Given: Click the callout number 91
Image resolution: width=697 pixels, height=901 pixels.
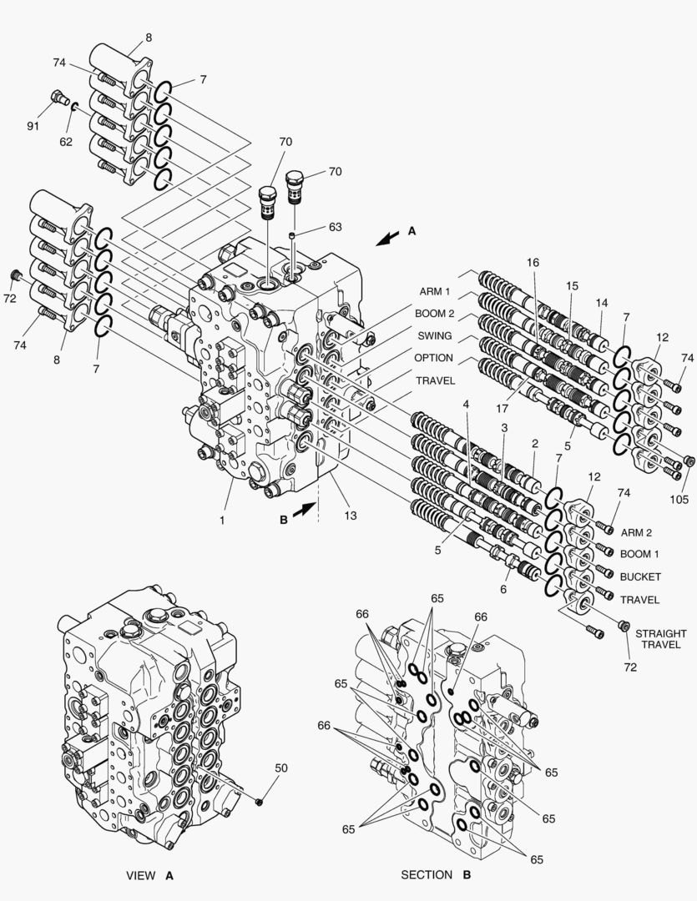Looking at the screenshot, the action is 33,125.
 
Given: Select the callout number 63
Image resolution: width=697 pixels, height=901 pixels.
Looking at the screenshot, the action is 335,227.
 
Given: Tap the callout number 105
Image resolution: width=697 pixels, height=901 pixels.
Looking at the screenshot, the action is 679,500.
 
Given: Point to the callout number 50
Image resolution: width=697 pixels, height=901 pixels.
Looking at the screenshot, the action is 281,768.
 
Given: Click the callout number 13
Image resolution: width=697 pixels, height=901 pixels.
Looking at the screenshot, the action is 351,516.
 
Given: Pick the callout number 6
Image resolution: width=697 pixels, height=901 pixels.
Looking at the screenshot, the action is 503,589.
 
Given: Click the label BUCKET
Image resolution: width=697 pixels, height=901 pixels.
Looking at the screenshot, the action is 640,576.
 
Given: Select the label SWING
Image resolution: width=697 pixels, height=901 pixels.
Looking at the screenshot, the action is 435,335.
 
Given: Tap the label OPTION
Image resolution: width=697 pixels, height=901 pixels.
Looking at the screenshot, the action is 433,357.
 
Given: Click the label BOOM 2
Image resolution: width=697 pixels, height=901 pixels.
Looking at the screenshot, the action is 435,314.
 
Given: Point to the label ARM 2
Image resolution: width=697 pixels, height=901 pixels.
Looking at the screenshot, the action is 636,532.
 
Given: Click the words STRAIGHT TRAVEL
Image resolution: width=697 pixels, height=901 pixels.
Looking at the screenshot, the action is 661,639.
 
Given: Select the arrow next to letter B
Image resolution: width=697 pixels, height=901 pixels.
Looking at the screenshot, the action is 304,509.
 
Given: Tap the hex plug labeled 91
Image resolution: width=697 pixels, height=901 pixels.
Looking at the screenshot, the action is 58,98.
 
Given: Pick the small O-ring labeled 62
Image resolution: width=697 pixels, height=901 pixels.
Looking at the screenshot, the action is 75,106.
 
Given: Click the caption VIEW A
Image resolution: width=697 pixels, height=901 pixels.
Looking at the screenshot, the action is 149,876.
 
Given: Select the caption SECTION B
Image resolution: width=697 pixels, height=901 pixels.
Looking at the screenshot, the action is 436,875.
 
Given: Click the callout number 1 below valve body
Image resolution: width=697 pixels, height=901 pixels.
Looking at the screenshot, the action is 222,521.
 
